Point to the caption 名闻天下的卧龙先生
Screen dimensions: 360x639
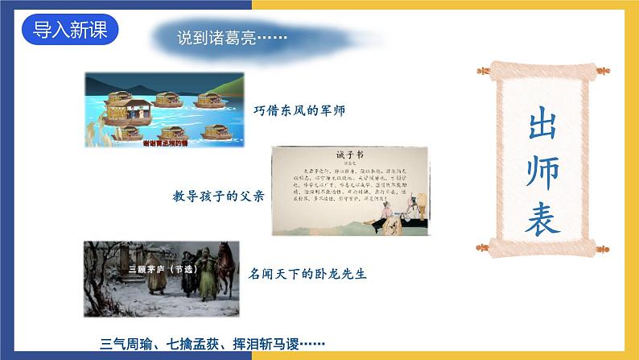click(x=307, y=274)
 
